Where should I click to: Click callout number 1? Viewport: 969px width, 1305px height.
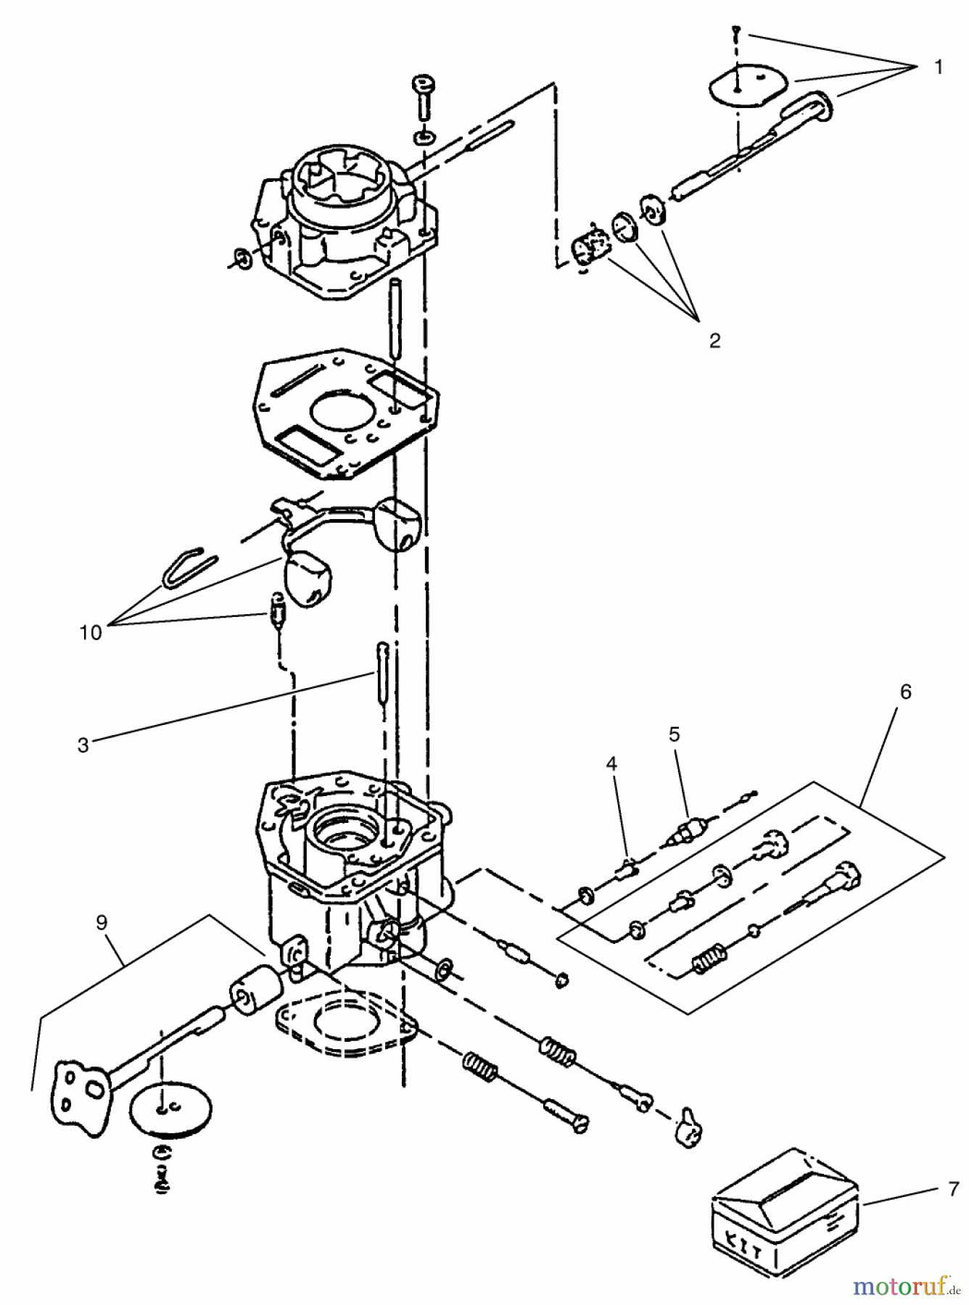(x=938, y=68)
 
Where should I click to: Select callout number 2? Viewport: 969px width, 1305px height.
(x=714, y=341)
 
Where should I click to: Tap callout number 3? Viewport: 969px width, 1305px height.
(x=83, y=745)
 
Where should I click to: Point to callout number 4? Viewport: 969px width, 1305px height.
(x=611, y=763)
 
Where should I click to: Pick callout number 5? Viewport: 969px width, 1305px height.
(x=674, y=734)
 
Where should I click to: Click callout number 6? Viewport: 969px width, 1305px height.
(x=905, y=692)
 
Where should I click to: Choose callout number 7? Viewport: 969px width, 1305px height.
(x=953, y=1189)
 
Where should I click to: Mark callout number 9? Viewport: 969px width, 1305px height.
(x=102, y=922)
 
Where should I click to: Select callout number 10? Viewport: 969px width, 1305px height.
(x=91, y=632)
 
